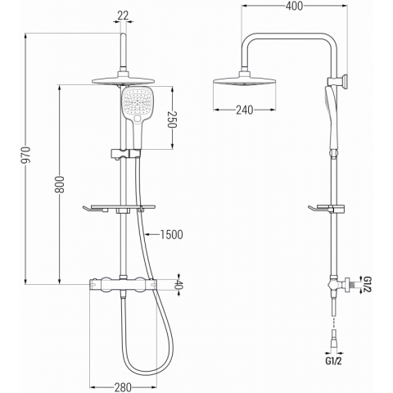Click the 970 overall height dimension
tap(26, 155)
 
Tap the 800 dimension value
tap(61, 184)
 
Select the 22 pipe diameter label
tap(123, 16)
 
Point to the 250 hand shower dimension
tap(173, 120)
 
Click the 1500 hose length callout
tap(171, 234)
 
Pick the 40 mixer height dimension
tap(178, 284)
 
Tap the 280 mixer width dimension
tap(123, 387)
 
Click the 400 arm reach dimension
tap(294, 6)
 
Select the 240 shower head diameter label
tap(244, 110)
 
